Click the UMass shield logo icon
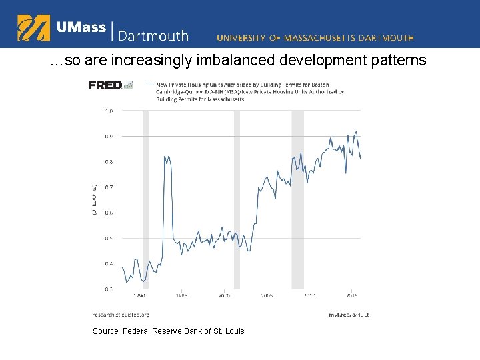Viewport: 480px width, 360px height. tap(33, 28)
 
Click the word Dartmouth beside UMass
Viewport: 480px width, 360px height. tap(153, 36)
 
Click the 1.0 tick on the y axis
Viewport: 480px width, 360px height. tap(109, 111)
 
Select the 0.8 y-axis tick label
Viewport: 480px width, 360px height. tap(109, 162)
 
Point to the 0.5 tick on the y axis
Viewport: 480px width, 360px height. tap(109, 238)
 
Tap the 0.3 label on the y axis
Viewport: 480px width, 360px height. tap(109, 289)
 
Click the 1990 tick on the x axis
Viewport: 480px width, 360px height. tap(139, 295)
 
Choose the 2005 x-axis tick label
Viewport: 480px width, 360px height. tap(267, 295)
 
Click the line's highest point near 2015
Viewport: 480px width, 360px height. tap(357, 131)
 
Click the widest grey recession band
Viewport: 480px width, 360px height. tap(297, 200)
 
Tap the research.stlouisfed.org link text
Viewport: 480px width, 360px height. tap(121, 314)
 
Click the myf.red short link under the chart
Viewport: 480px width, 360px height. tap(348, 314)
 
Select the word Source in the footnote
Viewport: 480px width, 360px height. tap(105, 331)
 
